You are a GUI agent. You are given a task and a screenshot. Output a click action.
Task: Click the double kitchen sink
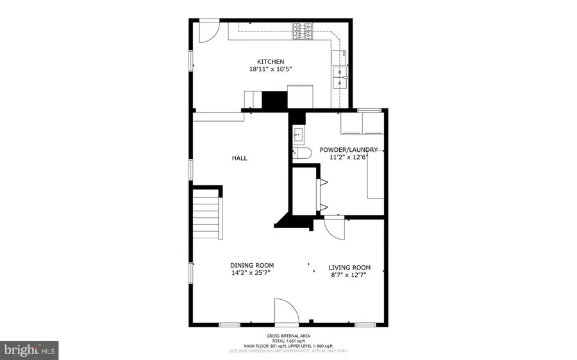click(x=339, y=77)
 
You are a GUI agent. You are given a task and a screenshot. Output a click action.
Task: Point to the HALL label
click(x=240, y=158)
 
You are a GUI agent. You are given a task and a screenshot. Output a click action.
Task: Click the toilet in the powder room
click(x=301, y=152)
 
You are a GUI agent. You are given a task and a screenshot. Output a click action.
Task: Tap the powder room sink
click(x=298, y=135)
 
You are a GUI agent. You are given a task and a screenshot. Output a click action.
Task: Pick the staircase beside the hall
click(x=206, y=215)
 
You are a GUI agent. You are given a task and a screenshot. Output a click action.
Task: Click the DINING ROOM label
click(x=252, y=266)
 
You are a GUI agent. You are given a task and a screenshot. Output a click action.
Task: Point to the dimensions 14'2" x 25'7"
click(x=252, y=273)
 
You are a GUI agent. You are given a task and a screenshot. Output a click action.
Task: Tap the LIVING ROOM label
click(x=349, y=268)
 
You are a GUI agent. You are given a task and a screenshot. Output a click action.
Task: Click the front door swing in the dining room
click(x=286, y=312)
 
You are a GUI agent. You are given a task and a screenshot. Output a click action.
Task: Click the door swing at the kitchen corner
click(x=209, y=31)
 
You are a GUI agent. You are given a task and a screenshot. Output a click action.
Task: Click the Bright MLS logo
click(x=30, y=350)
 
